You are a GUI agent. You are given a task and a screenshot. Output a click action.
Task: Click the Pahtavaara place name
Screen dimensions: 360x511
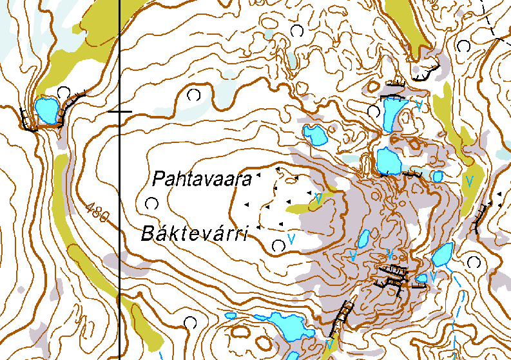[201, 179]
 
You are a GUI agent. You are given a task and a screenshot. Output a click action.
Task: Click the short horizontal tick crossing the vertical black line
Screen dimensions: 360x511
[120, 111]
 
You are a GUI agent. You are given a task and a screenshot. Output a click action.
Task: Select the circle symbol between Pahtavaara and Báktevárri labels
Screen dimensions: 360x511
[151, 204]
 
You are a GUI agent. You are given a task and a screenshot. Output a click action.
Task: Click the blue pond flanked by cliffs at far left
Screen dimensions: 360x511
[46, 109]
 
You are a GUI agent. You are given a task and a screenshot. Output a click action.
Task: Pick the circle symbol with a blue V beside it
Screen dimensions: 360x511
[278, 245]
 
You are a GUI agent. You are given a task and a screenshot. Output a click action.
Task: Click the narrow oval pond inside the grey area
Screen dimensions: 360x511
[363, 240]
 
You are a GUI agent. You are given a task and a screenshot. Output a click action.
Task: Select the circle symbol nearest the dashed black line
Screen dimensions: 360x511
[463, 46]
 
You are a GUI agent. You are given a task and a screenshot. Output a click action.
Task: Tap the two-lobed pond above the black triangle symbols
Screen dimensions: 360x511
[315, 135]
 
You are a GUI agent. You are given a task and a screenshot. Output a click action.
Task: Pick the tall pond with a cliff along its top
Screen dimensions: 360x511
[391, 113]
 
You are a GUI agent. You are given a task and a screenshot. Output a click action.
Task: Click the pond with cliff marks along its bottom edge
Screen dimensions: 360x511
[388, 161]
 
